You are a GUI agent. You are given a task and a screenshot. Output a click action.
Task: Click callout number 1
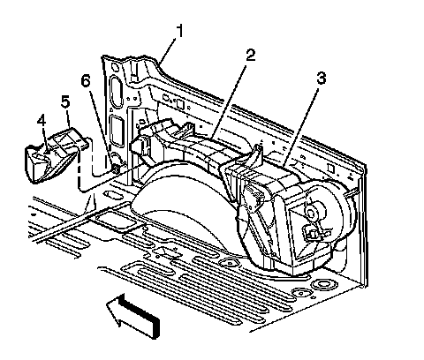pyautogui.click(x=179, y=32)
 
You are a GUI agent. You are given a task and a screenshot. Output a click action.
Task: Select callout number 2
pyautogui.click(x=250, y=55)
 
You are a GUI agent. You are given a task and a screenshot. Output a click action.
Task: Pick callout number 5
pyautogui.click(x=65, y=101)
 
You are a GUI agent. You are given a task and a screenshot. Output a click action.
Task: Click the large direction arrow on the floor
pyautogui.click(x=133, y=316)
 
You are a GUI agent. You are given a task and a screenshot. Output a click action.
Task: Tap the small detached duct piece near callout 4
pyautogui.click(x=56, y=156)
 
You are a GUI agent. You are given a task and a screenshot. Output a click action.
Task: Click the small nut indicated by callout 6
pyautogui.click(x=116, y=169)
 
